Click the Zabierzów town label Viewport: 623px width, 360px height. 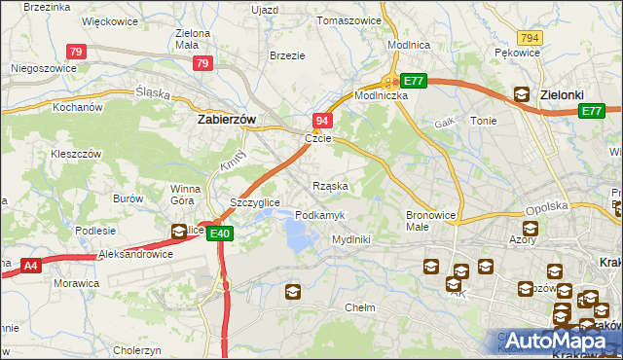coord(226,120)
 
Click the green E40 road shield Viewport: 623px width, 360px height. coord(220,234)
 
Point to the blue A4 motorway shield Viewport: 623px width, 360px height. coord(29,264)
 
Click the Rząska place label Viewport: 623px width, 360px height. coord(330,185)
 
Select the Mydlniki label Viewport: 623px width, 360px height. coord(351,238)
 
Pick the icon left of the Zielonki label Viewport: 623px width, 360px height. coord(521,95)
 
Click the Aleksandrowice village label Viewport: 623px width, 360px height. coord(136,254)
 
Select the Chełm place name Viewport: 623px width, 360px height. coord(360,307)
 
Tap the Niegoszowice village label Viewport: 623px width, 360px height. coord(43,69)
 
